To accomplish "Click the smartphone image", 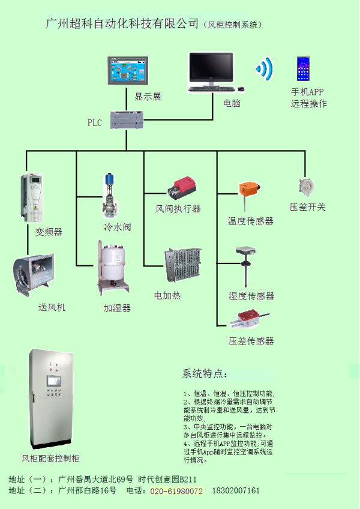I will (x=303, y=68).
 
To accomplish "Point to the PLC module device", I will (x=127, y=120).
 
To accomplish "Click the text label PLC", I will (x=95, y=123).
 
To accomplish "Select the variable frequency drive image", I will (x=33, y=197).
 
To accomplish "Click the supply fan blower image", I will (x=36, y=277).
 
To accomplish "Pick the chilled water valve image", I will (x=111, y=195).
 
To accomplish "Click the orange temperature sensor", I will (x=248, y=193).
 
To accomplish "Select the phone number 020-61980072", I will (x=176, y=491).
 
